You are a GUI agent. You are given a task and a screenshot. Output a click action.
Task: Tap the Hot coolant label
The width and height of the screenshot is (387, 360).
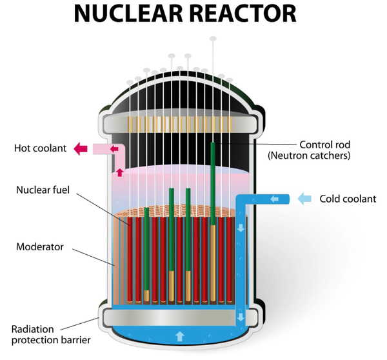pos(40,148)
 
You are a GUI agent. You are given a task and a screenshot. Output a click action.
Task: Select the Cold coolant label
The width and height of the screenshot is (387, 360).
pos(348,199)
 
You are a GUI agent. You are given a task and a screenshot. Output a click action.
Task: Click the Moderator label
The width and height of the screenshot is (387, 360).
pos(40,246)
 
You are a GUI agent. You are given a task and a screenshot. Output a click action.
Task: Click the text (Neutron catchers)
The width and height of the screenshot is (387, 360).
pos(308,155)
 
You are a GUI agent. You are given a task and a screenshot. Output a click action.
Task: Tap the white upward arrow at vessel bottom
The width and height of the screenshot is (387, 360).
pos(180,335)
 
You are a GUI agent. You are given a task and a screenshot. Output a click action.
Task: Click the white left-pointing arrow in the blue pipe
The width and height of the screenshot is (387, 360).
pos(274,199)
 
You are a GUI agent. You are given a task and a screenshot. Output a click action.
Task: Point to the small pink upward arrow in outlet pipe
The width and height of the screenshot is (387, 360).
pos(119,172)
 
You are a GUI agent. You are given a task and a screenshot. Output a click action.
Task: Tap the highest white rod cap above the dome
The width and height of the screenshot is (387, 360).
pos(213,39)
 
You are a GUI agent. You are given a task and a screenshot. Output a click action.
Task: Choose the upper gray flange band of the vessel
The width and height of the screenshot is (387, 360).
pos(180,121)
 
